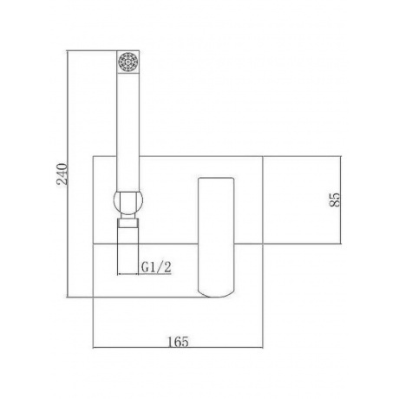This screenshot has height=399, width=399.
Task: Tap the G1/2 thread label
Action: tap(156, 267)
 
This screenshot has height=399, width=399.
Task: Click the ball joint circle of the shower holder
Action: tap(127, 201)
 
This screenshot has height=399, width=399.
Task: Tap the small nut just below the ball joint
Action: tap(128, 222)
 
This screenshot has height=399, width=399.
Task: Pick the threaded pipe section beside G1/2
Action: tap(128, 252)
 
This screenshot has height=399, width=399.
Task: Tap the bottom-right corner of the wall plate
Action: tap(265, 299)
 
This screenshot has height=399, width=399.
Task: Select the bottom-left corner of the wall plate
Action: tap(93, 299)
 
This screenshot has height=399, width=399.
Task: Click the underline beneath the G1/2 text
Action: tap(156, 274)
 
